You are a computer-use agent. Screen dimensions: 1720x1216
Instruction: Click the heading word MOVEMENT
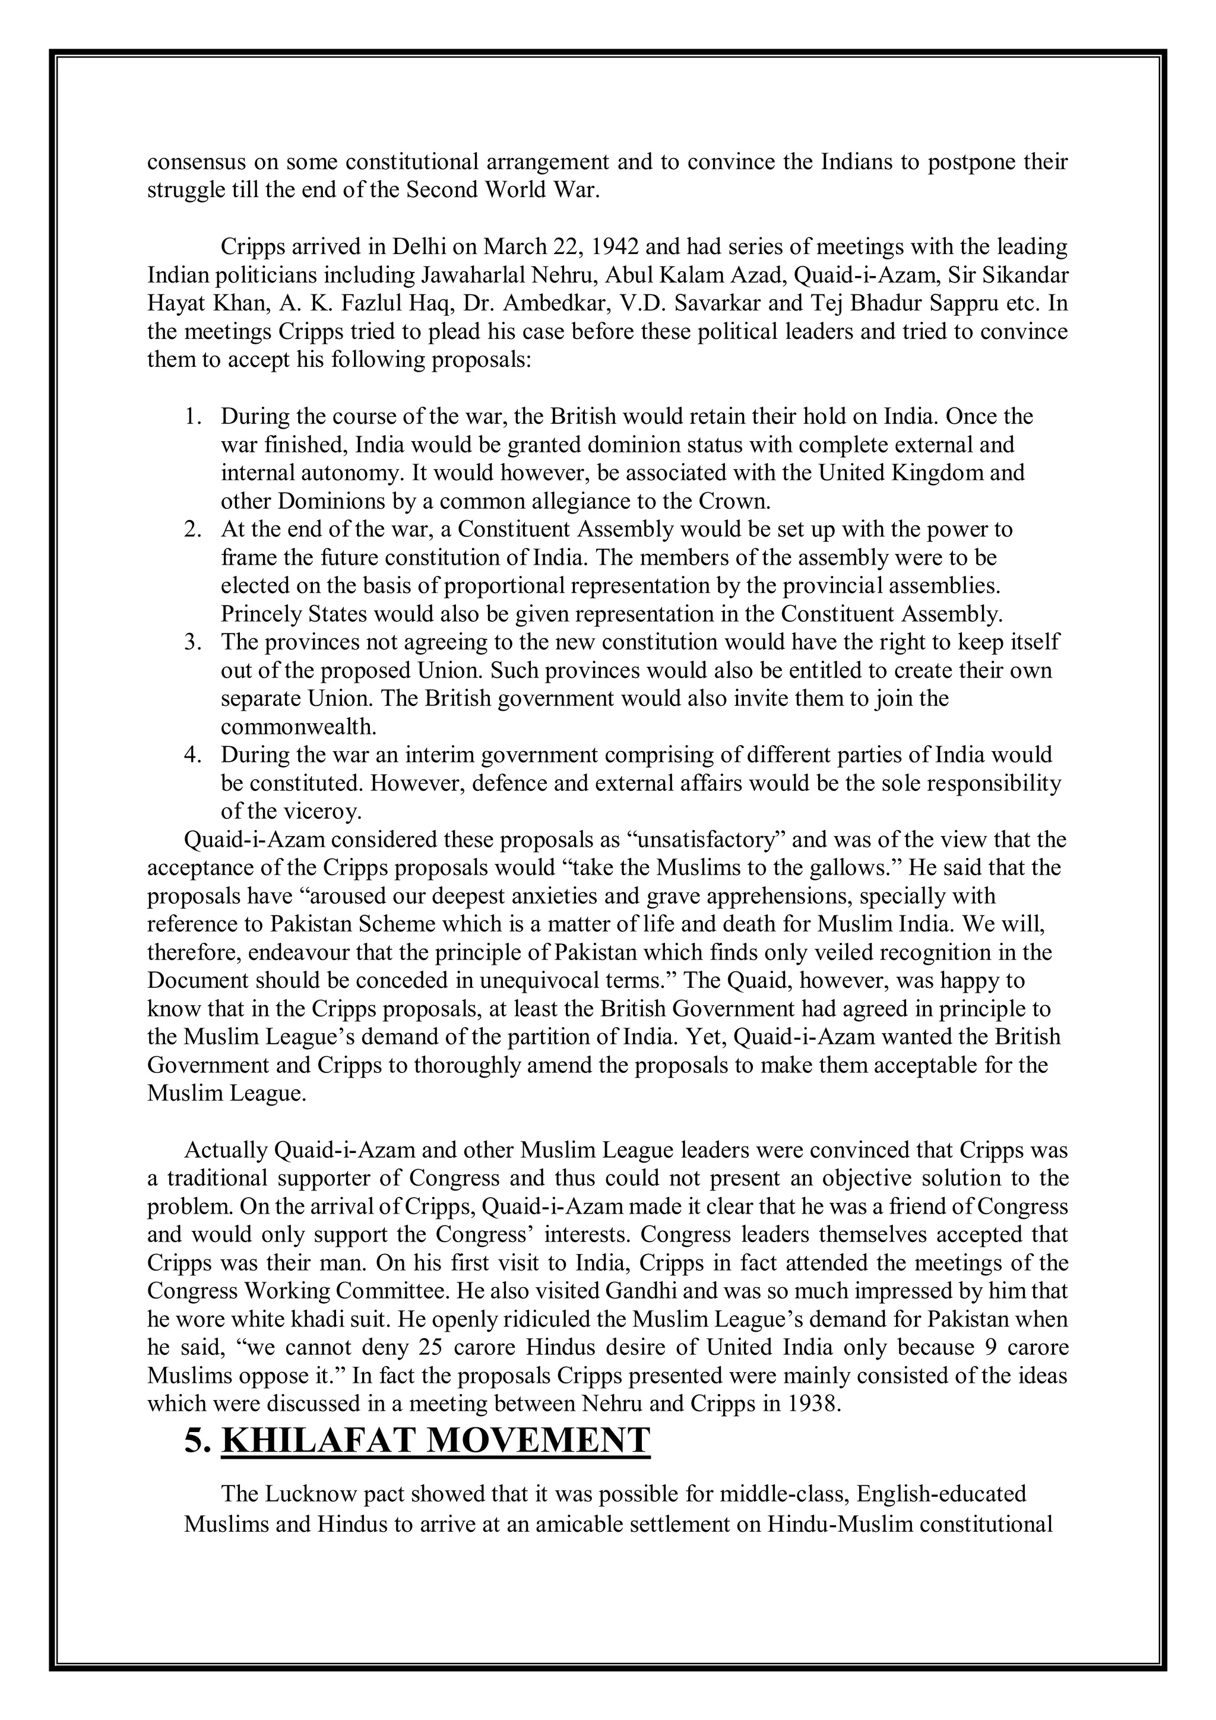(x=538, y=1440)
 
